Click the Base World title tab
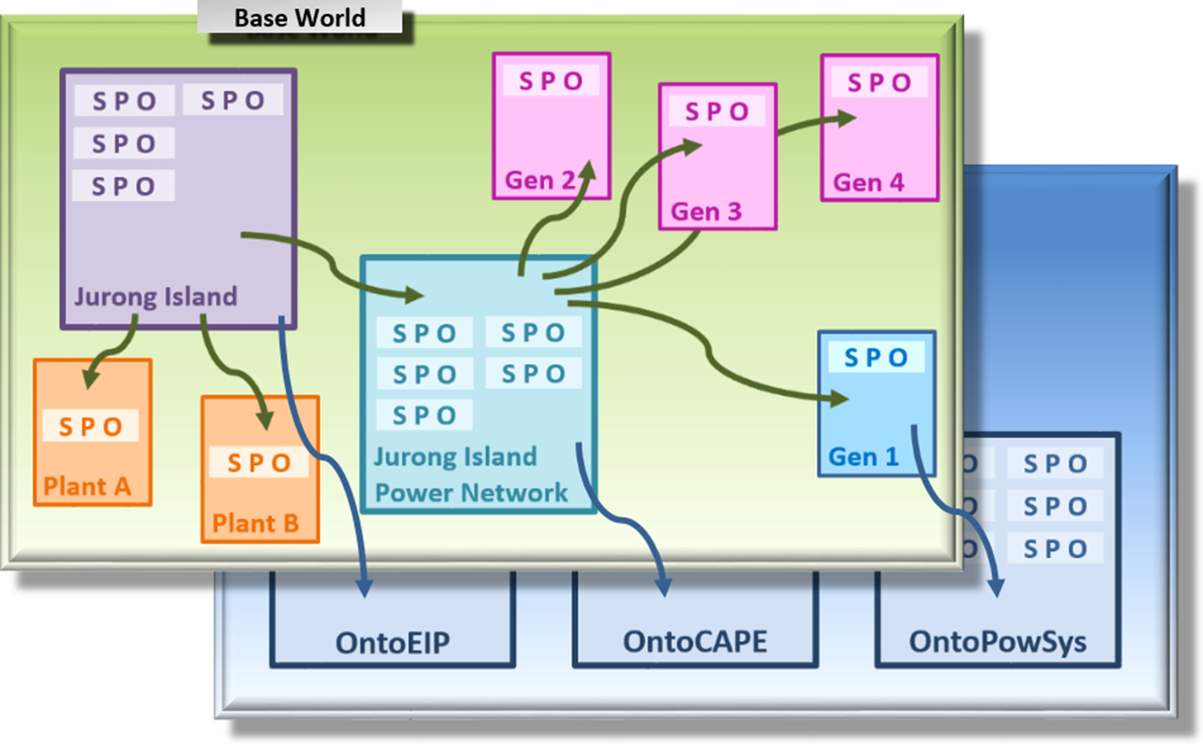[300, 17]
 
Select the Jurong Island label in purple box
[155, 296]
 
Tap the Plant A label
[87, 486]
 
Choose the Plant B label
[255, 523]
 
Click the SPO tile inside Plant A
[90, 427]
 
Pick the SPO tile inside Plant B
[259, 463]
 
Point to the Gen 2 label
[540, 180]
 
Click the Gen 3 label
[706, 212]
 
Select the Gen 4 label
[869, 183]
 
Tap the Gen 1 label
[864, 457]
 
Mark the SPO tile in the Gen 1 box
[876, 358]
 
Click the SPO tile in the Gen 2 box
[551, 81]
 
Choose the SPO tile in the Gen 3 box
[717, 111]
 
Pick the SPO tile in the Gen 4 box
[879, 82]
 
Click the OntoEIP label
[392, 643]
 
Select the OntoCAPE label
[695, 642]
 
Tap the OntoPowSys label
[997, 642]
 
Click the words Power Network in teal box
[471, 493]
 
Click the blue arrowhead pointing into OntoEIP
[364, 588]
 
